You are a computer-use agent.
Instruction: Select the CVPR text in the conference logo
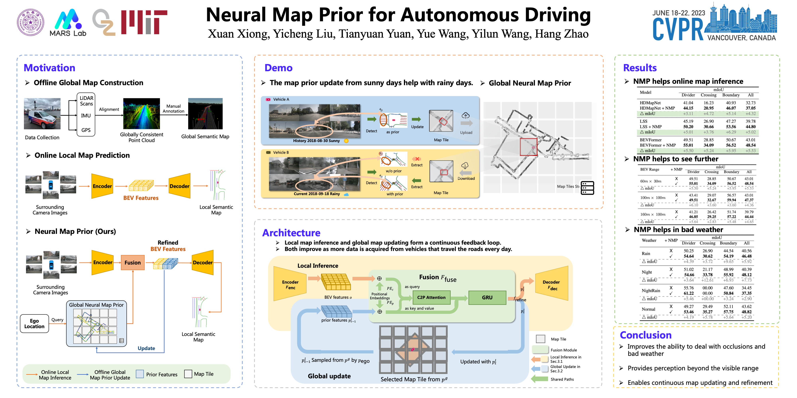(x=678, y=30)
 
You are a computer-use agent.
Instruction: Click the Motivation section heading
(x=49, y=68)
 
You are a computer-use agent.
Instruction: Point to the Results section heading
(x=640, y=68)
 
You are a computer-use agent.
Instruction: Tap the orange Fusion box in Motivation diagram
(x=133, y=262)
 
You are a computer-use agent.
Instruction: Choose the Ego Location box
(x=34, y=324)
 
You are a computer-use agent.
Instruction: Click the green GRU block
(x=487, y=297)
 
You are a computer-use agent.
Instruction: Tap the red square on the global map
(x=528, y=147)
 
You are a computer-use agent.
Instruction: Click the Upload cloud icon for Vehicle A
(x=465, y=116)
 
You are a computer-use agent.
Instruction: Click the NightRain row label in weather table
(x=651, y=291)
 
